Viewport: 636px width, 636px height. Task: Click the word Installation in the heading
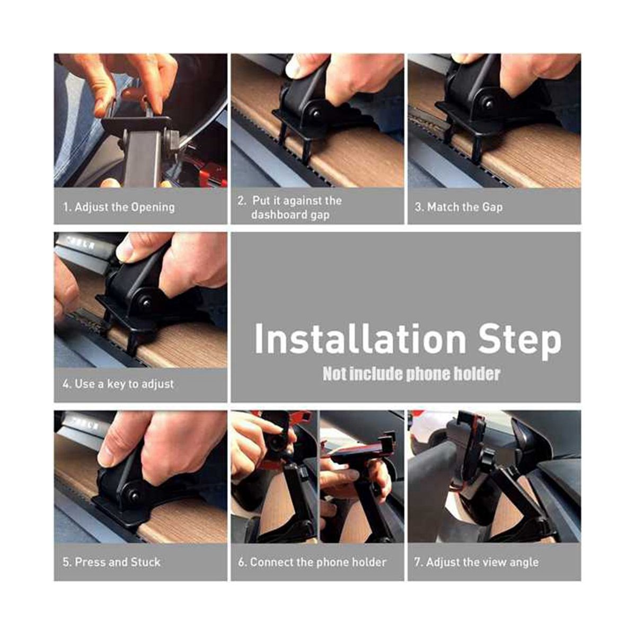(360, 338)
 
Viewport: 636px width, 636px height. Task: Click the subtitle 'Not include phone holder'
(411, 374)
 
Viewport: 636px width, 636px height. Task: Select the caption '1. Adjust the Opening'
(119, 207)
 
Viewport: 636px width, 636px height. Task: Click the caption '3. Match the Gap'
(459, 207)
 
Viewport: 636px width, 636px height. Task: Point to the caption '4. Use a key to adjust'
(118, 384)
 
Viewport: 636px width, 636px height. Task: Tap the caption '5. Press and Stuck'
(111, 562)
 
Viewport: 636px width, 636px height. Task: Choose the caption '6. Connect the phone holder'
(312, 562)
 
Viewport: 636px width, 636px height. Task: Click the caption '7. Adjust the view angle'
(476, 562)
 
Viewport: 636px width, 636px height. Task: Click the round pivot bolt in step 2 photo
(316, 114)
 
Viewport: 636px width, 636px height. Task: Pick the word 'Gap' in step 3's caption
(492, 208)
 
